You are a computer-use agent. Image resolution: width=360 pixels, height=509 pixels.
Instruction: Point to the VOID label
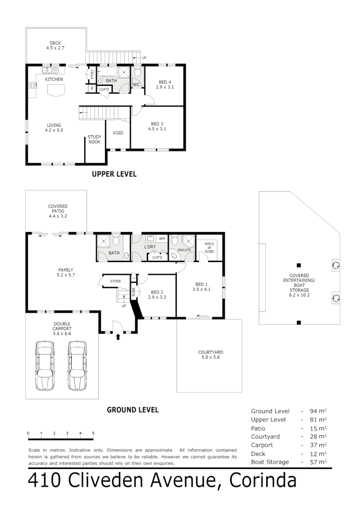click(x=118, y=133)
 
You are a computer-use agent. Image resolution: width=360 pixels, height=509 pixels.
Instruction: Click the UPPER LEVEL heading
click(x=114, y=174)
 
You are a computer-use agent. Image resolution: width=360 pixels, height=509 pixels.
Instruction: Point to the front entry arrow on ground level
click(x=118, y=337)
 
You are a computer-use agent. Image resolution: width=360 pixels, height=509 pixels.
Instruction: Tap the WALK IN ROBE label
click(x=209, y=248)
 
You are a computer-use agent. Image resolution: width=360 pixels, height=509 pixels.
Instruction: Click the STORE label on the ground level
click(x=115, y=281)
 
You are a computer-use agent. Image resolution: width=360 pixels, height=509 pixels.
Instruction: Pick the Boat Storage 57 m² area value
click(x=319, y=462)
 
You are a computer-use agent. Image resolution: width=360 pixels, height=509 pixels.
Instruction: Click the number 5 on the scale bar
click(x=93, y=433)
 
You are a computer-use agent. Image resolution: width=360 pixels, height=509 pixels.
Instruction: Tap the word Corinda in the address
click(x=263, y=482)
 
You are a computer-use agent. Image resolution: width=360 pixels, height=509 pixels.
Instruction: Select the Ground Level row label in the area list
click(x=270, y=411)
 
